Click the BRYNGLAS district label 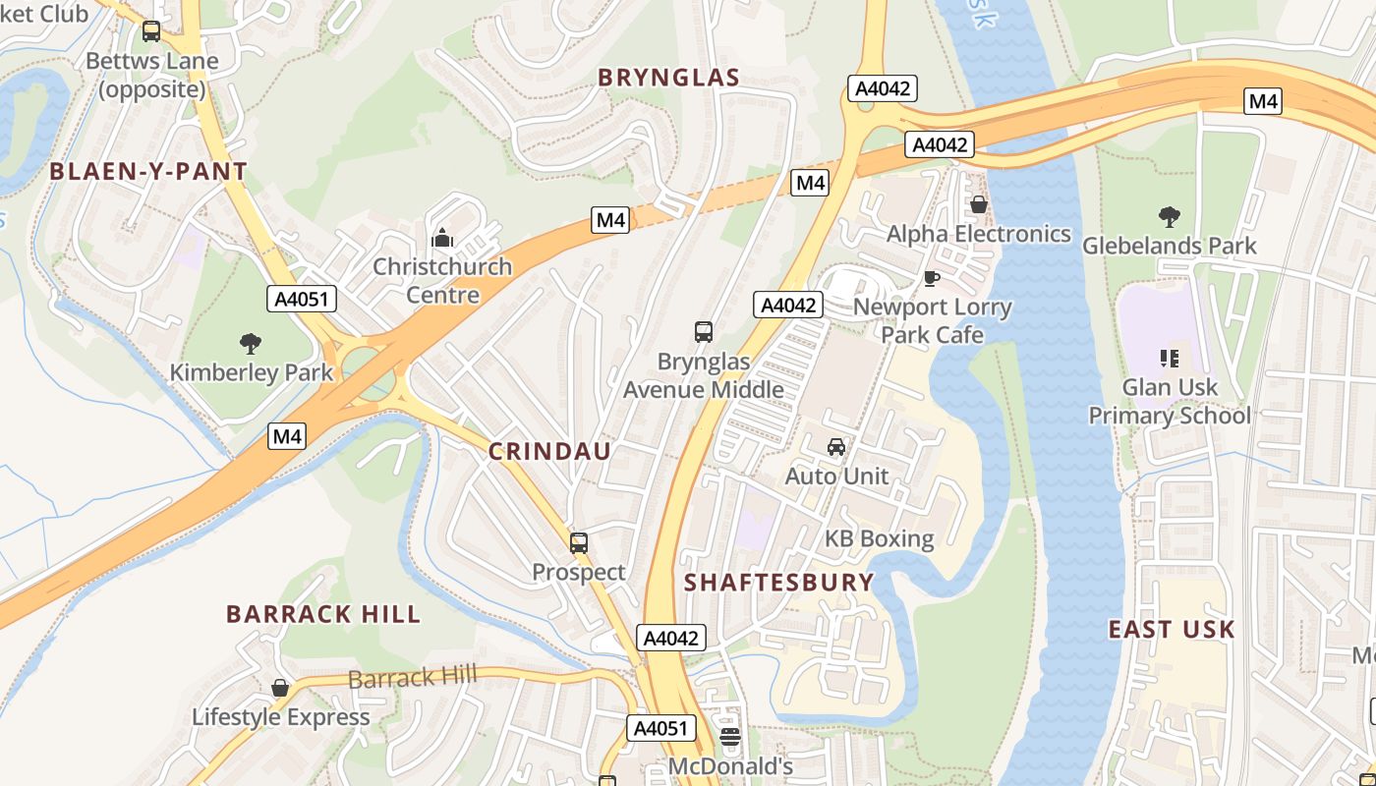(668, 78)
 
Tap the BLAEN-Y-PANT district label (148, 172)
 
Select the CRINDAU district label (549, 452)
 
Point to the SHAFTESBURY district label (778, 582)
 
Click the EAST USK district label (1171, 629)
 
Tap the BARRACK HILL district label (323, 614)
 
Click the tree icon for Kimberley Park (251, 343)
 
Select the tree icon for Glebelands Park (1169, 216)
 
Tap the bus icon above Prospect (578, 542)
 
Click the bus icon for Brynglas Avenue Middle (704, 332)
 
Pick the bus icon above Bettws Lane (150, 31)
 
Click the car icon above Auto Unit (836, 447)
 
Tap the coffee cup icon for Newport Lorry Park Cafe (931, 279)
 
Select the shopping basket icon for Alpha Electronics (978, 204)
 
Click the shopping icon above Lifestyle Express (280, 688)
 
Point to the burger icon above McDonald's (729, 737)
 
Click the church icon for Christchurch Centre (442, 238)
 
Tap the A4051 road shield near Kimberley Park (302, 299)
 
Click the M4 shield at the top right (1263, 100)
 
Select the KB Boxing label (879, 538)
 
